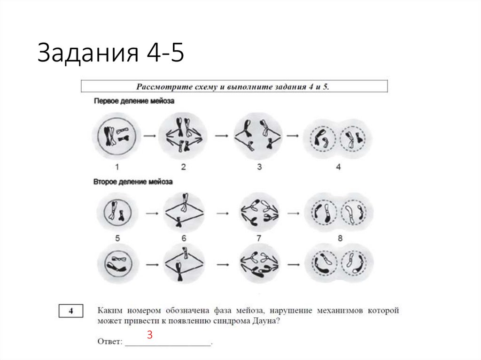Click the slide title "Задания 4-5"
111,53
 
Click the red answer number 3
150,335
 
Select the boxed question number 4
71,311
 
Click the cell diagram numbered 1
116,136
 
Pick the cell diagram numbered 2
183,136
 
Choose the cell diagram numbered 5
116,212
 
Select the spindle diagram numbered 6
184,212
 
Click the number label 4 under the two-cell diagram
338,167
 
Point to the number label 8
340,238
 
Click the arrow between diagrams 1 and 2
149,136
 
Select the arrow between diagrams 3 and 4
293,136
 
